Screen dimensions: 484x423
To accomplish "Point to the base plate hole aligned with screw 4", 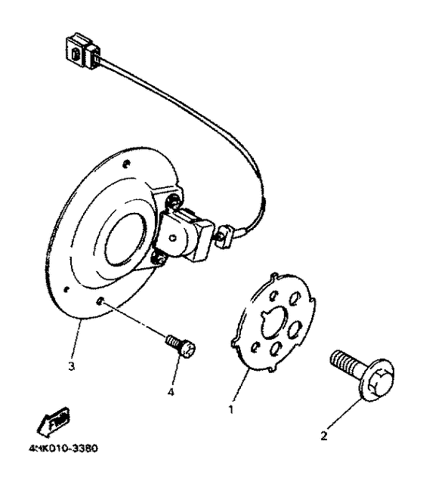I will pyautogui.click(x=102, y=302).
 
